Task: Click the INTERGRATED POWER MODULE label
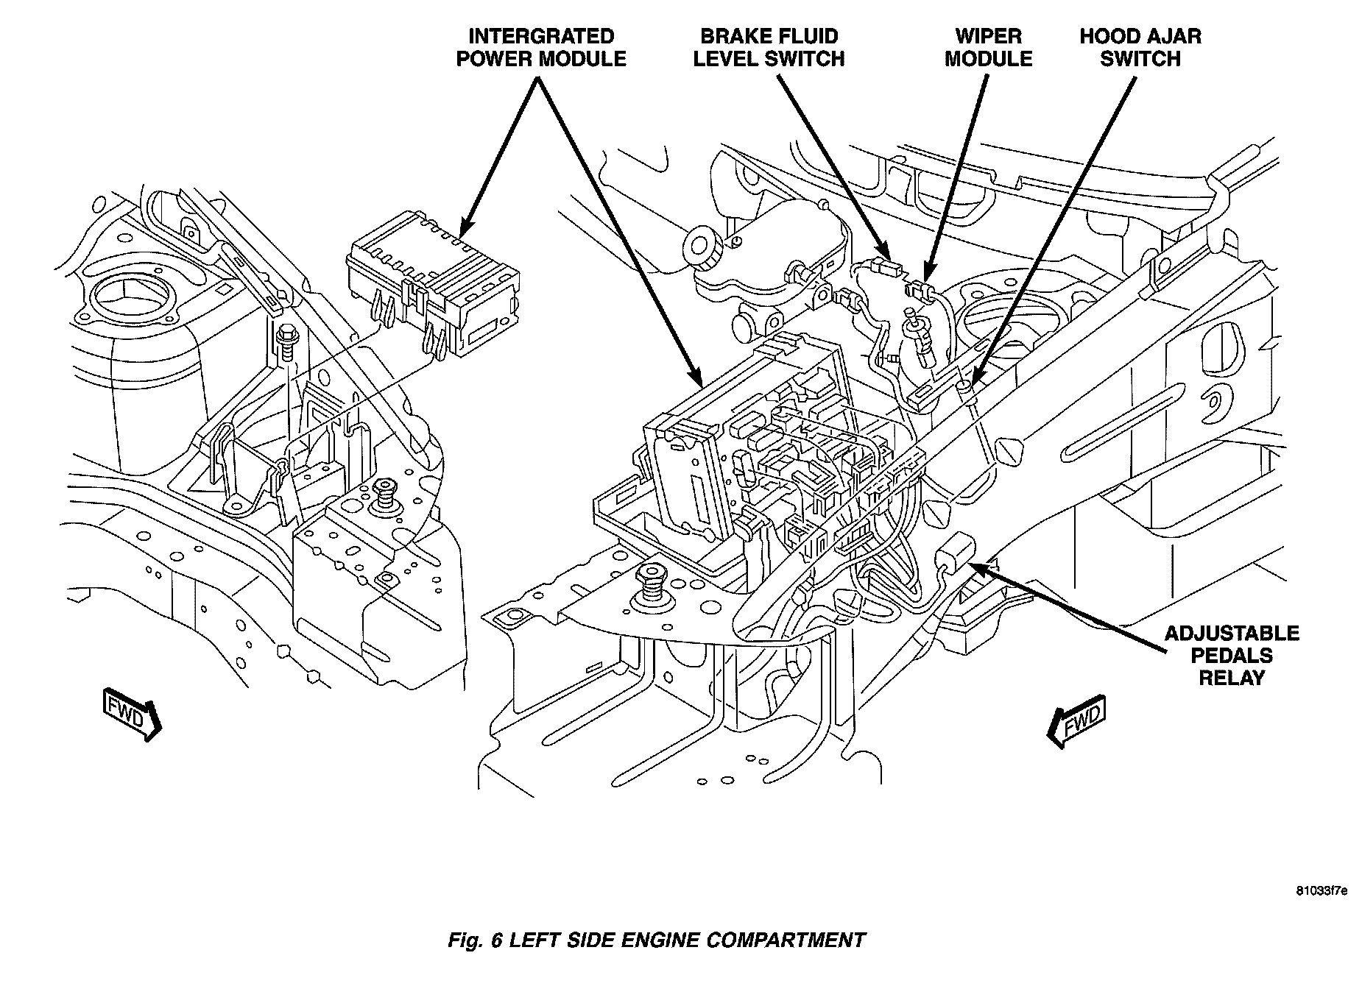click(541, 48)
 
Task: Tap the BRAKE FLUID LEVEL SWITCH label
click(769, 48)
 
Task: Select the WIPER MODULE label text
click(988, 48)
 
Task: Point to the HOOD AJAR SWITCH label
click(1140, 48)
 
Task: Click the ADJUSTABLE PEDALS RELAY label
click(1231, 655)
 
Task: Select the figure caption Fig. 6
click(476, 940)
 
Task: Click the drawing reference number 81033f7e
click(1322, 912)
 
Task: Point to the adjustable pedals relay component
click(955, 553)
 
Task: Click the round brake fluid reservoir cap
click(702, 247)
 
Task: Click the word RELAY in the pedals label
click(1231, 678)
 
